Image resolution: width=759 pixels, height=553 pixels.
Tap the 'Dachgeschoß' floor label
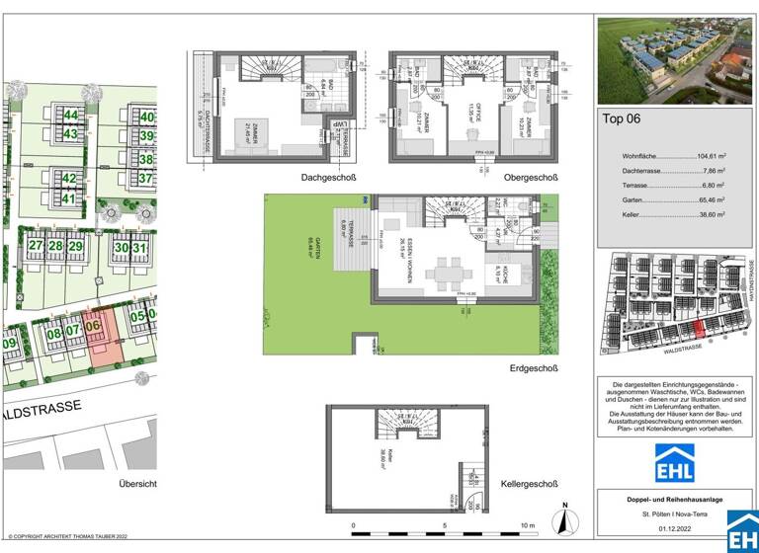329,179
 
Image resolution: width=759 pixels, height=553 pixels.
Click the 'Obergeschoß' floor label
531,179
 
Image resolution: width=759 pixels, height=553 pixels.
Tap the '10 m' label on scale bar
525,525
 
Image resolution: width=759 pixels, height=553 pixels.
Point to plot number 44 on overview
70,116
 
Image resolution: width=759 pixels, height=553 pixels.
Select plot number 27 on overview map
35,245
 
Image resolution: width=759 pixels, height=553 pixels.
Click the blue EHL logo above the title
675,462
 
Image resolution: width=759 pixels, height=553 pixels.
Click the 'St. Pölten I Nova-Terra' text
675,514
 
